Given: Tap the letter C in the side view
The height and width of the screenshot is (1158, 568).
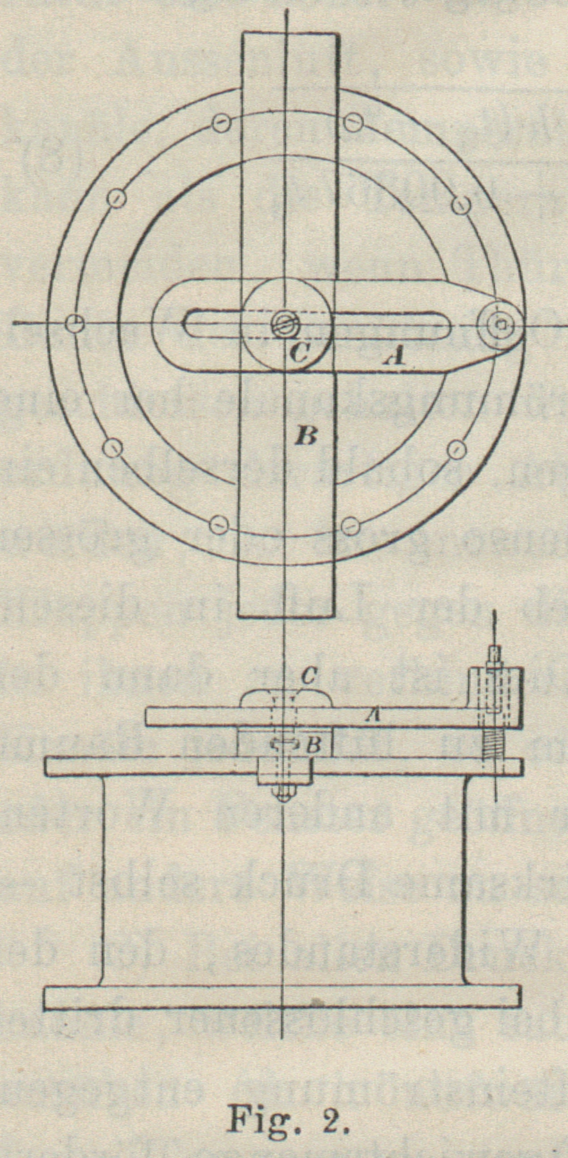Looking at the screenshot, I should tap(309, 677).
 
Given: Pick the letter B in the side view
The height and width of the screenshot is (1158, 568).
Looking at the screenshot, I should tap(313, 745).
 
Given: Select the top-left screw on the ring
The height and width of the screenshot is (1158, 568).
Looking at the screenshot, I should tap(220, 123).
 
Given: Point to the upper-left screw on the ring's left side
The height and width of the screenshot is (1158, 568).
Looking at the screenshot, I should tap(116, 199).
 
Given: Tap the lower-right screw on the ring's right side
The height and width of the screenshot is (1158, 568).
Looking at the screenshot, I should tap(456, 449).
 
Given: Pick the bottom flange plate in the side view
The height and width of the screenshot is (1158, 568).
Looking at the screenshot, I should tap(282, 996).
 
